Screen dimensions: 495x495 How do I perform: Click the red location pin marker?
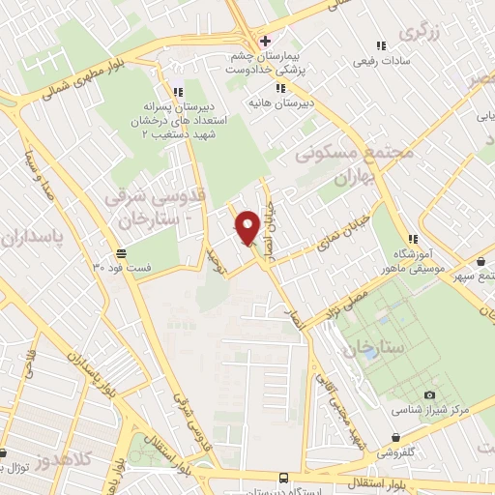[x=247, y=227]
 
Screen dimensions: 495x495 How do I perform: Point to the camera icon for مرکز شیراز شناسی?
[x=429, y=394]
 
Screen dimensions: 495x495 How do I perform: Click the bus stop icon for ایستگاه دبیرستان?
[x=282, y=478]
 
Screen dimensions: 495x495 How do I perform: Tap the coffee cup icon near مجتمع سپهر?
[x=481, y=261]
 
